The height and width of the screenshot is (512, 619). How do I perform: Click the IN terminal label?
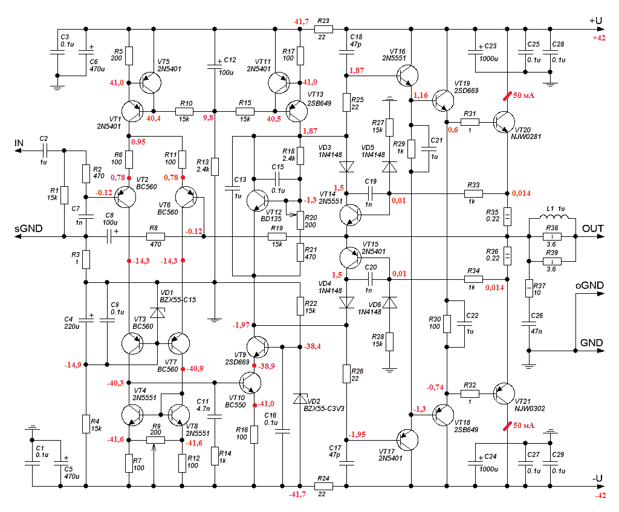(x=19, y=143)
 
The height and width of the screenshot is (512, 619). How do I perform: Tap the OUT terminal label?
(x=592, y=229)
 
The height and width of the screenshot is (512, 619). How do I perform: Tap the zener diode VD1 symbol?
(x=157, y=313)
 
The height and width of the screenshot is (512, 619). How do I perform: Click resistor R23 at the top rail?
(x=323, y=28)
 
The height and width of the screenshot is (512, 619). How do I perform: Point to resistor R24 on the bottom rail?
(x=323, y=485)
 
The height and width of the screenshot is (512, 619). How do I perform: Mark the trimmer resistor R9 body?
(x=155, y=440)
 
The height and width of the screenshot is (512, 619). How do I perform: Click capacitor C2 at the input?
(x=44, y=151)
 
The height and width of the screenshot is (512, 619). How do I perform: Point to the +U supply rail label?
(x=595, y=21)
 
